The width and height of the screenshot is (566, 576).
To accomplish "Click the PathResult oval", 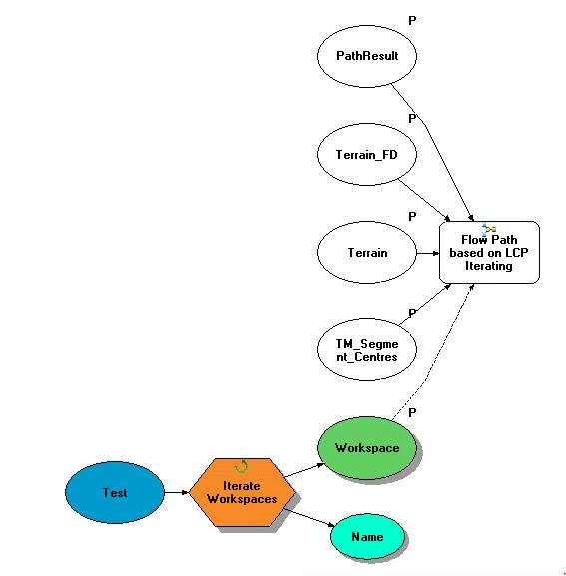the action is click(367, 56).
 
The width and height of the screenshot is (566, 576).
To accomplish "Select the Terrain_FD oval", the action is click(367, 155).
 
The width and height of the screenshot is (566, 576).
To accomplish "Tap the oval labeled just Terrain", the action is click(367, 253).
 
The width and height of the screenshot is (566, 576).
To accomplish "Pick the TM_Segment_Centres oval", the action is click(367, 350).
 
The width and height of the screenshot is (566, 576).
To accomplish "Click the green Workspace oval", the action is click(367, 448).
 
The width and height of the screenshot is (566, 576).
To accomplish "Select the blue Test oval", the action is click(115, 492).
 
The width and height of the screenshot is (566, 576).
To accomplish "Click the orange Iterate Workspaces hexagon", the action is click(242, 492).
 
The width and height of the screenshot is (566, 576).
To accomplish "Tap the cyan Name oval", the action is click(368, 537).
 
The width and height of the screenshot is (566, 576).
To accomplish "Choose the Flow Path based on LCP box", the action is click(489, 252).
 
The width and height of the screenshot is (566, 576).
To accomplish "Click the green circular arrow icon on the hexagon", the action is click(241, 466).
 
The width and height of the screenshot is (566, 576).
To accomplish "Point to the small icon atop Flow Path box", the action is click(489, 229).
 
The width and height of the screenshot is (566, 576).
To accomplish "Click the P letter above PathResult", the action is click(412, 21).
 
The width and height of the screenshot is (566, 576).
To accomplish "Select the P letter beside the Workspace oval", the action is click(412, 413).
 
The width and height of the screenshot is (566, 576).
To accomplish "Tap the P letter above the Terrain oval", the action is click(412, 216).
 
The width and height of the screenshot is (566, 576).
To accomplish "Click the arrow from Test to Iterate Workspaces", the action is click(177, 492).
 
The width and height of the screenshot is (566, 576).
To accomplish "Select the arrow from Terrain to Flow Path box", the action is click(428, 253).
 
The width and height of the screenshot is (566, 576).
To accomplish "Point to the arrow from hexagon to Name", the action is click(308, 517).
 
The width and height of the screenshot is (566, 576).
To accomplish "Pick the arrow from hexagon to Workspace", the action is click(304, 470).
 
